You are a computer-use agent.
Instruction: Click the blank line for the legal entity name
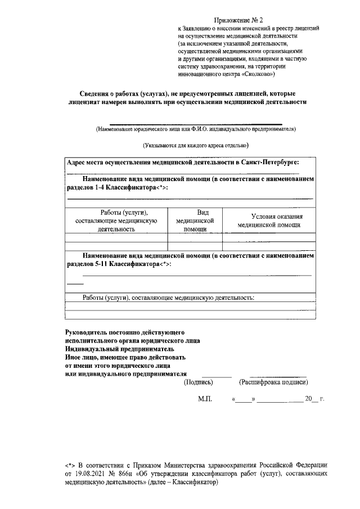(195, 124)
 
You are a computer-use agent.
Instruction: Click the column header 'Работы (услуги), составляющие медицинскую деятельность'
(116, 220)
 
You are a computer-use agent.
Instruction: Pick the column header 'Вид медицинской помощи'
(195, 220)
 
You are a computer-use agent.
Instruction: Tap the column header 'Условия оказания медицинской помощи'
(269, 220)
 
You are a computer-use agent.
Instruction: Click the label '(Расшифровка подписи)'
(273, 382)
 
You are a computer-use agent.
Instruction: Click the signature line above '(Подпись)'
(217, 376)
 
